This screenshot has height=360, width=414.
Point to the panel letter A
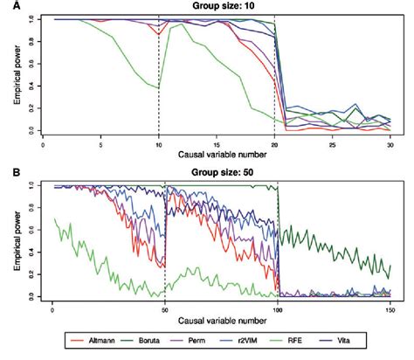pyautogui.click(x=6, y=6)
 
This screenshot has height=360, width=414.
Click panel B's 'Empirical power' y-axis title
pyautogui.click(x=16, y=240)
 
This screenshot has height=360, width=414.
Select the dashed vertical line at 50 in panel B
pyautogui.click(x=166, y=245)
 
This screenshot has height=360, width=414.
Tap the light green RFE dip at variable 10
pyautogui.click(x=157, y=87)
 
